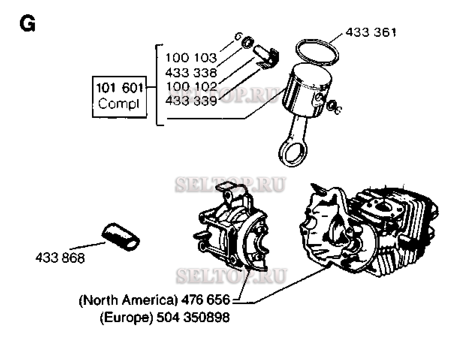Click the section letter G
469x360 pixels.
[x=27, y=25]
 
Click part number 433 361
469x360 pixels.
[x=370, y=33]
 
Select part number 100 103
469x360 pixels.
[x=191, y=58]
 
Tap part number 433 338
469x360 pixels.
[x=191, y=72]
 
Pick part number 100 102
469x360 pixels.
[x=191, y=87]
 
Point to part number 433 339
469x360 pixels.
[x=191, y=101]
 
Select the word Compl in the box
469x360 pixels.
[x=119, y=104]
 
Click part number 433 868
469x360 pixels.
[x=60, y=258]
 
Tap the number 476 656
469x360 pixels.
[x=205, y=300]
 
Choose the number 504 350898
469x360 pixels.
[x=193, y=318]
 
